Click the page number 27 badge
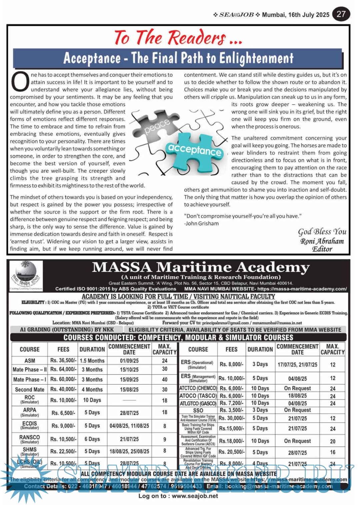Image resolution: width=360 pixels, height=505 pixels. (341, 14)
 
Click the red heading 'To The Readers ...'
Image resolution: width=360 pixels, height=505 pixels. (178, 37)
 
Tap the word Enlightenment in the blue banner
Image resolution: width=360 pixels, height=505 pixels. (256, 58)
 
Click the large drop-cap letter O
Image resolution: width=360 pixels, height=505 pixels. (20, 82)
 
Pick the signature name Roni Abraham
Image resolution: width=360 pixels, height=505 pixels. (322, 241)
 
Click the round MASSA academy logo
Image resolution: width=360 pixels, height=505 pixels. (26, 275)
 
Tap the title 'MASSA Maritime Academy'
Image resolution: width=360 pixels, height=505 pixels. (201, 267)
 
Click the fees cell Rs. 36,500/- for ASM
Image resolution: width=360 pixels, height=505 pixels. (63, 361)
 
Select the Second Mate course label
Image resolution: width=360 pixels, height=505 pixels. (29, 389)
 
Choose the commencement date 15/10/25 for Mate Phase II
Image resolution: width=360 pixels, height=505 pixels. (129, 369)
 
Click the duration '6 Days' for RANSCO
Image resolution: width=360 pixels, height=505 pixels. (92, 439)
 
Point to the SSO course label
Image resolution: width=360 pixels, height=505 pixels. (198, 410)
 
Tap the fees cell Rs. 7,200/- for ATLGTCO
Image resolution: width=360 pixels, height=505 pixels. (231, 403)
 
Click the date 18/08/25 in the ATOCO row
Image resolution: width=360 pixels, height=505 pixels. (297, 396)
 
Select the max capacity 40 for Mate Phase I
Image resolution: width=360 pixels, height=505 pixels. (165, 379)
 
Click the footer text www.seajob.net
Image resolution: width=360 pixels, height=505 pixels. (195, 496)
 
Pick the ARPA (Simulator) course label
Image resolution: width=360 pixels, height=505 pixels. (30, 412)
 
